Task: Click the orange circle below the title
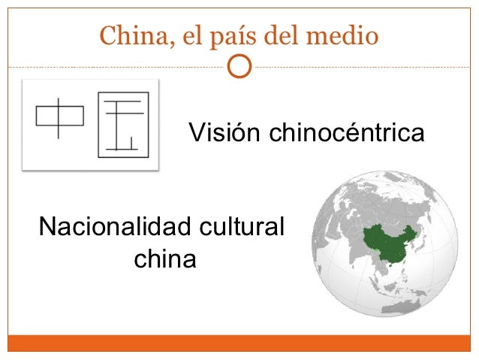[x=239, y=66]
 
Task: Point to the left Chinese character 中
[x=59, y=116]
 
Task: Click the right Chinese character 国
[x=122, y=125]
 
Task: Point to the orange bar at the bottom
[x=239, y=343]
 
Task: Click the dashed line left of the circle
[x=113, y=66]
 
